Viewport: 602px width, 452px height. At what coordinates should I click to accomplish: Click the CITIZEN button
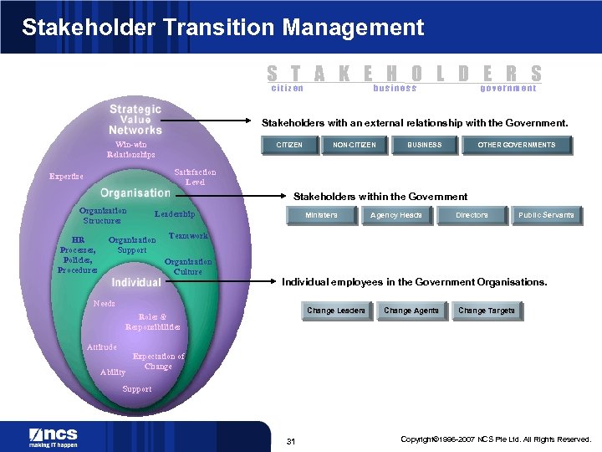pos(289,145)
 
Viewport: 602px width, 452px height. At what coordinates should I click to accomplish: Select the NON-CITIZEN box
pos(354,145)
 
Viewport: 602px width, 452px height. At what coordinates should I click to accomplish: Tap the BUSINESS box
pos(424,145)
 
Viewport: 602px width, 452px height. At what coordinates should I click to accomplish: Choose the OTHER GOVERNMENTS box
pos(516,145)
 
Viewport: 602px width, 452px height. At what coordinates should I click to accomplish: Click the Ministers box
pos(321,215)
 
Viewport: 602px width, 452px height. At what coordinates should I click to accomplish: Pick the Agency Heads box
pos(396,215)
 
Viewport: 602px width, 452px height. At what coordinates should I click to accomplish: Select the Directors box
pos(472,215)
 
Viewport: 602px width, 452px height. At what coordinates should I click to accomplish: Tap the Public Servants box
pos(546,215)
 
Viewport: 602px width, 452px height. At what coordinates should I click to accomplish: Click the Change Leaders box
pos(336,311)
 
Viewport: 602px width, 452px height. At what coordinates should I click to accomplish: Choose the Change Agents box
pos(411,311)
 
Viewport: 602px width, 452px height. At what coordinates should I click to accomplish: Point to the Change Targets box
pos(487,311)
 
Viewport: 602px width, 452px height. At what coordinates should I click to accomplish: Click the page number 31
pos(291,441)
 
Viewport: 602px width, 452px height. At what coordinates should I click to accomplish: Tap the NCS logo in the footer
pos(54,437)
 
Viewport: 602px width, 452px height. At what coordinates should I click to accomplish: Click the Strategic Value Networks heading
pos(135,120)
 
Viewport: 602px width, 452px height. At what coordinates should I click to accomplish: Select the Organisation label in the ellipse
pos(135,193)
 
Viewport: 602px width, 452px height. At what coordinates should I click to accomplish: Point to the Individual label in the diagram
pos(136,282)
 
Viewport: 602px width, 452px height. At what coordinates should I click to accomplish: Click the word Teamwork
pos(188,237)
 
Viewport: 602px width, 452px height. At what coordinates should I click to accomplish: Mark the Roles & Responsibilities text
pos(152,321)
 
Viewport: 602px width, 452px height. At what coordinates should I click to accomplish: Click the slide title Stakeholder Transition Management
pos(222,28)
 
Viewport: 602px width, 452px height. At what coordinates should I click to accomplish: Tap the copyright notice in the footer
pos(496,439)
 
